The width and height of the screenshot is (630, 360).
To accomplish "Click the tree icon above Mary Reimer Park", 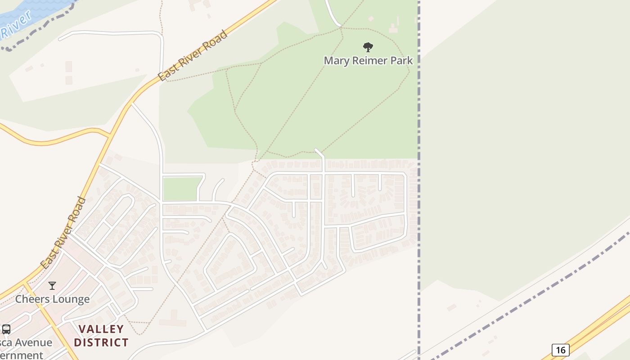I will (x=368, y=47).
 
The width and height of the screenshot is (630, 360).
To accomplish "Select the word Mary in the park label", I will (x=336, y=60).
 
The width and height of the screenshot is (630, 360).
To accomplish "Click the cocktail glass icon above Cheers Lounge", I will (x=52, y=285).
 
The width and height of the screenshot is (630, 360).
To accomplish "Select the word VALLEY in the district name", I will (x=101, y=329).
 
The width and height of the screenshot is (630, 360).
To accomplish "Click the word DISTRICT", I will (x=101, y=342).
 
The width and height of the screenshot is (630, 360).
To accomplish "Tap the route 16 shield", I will (x=560, y=350).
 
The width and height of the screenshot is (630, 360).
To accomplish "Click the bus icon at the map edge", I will (x=6, y=329).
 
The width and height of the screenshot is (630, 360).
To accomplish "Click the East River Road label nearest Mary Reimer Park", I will (x=193, y=56).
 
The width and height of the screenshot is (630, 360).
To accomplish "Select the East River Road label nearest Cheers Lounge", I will (x=63, y=233).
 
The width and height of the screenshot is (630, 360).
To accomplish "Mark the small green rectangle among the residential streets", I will (x=182, y=189).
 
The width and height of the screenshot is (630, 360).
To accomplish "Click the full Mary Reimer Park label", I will (x=368, y=60).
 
